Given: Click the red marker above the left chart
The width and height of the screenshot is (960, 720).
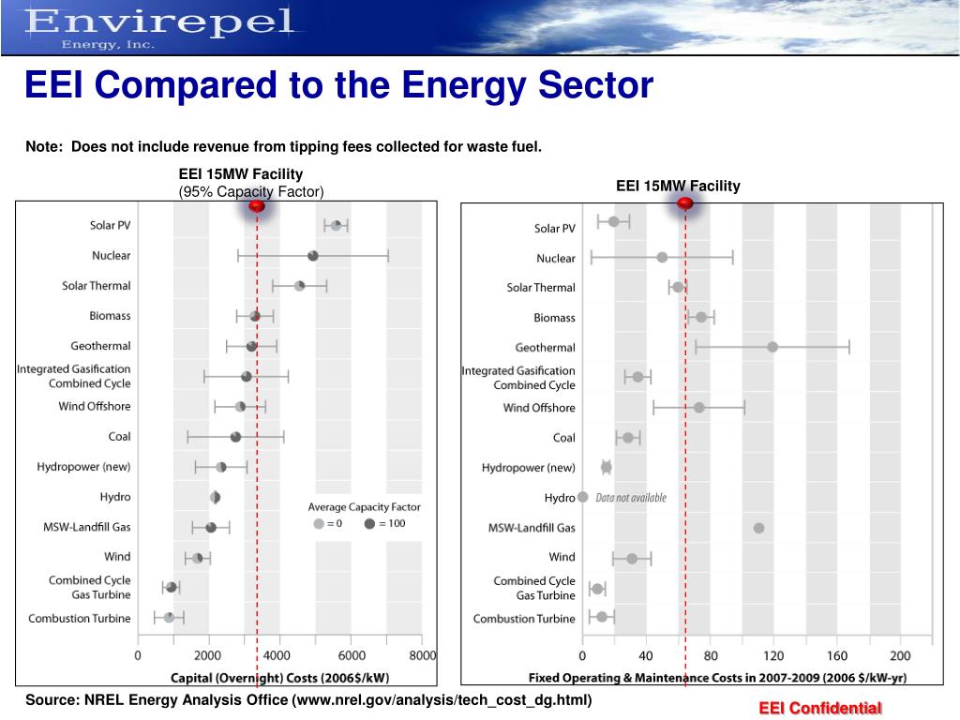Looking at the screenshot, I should tap(257, 206).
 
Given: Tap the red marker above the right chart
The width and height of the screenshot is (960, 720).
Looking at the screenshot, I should tap(685, 203).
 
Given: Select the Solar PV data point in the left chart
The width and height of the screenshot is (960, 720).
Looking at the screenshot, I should tap(336, 225).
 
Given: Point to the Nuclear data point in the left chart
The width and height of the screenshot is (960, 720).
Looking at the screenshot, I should tap(313, 256).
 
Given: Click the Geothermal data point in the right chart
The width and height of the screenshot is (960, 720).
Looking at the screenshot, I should tap(772, 347).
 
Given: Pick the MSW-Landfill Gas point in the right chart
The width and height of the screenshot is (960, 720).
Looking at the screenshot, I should tap(758, 528).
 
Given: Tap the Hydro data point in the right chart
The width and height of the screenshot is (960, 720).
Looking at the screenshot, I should tap(582, 497).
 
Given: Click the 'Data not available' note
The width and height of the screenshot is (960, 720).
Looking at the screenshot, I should tap(631, 498).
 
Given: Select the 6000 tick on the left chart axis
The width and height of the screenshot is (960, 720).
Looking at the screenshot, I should tap(352, 655).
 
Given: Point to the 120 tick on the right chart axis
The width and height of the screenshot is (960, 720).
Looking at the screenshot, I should tap(773, 655).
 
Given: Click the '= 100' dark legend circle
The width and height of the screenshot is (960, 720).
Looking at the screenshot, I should tap(369, 523).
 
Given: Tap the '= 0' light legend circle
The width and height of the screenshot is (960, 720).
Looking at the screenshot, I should tap(319, 523).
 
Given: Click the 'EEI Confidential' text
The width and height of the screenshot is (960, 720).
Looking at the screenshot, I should tap(820, 708).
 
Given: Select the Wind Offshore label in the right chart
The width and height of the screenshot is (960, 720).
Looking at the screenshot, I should tap(539, 408).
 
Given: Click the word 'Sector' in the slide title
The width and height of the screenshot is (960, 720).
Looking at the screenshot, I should tap(591, 86).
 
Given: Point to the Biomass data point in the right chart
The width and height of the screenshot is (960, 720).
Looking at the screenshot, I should tap(701, 317).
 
